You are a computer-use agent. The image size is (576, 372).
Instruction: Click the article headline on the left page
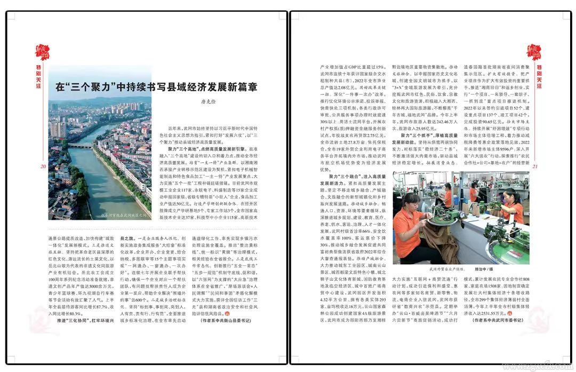pos(157,87)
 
